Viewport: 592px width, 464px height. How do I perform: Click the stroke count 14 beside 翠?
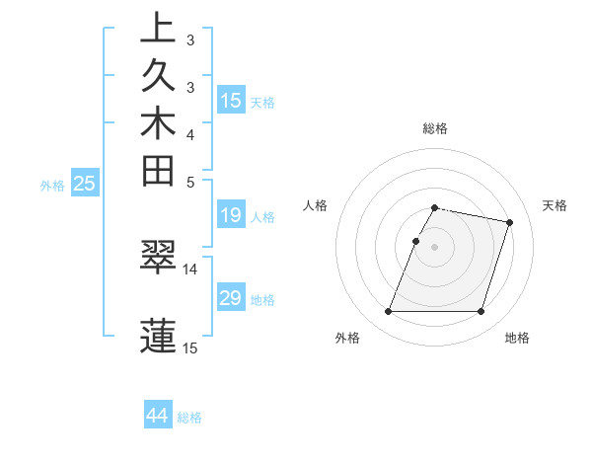189,269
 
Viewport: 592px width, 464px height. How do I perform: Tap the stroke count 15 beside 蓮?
189,348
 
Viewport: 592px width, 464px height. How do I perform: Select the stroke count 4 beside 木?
189,134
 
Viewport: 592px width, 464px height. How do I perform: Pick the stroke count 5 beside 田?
189,182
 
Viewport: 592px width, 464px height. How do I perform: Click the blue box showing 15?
231,100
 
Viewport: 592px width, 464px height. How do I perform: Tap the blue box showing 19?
231,215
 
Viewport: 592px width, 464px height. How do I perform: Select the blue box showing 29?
231,298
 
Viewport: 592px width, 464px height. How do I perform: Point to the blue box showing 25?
85,183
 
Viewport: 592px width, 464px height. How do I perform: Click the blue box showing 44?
158,416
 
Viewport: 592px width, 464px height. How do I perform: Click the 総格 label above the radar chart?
435,128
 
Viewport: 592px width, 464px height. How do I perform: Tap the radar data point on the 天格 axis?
509,223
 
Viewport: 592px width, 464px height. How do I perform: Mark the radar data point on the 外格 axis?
389,312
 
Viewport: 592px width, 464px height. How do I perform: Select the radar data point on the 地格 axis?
481,312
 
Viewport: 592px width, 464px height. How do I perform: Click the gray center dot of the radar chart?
435,247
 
